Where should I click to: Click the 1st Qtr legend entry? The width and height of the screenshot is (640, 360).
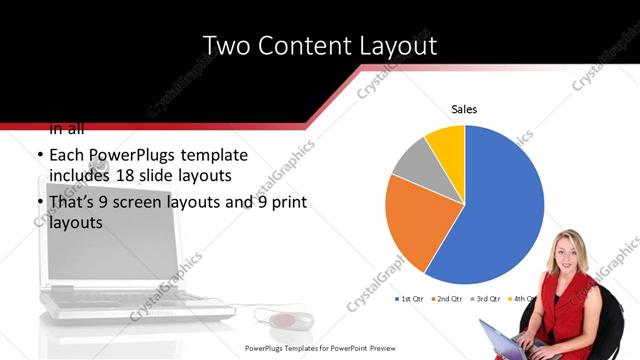[411, 299]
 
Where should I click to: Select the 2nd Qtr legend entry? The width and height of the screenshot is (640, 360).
[448, 299]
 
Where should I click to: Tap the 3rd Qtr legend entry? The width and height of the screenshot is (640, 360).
[486, 299]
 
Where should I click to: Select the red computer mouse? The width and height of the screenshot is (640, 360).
[284, 321]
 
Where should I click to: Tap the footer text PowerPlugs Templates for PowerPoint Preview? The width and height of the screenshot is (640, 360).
[320, 348]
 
